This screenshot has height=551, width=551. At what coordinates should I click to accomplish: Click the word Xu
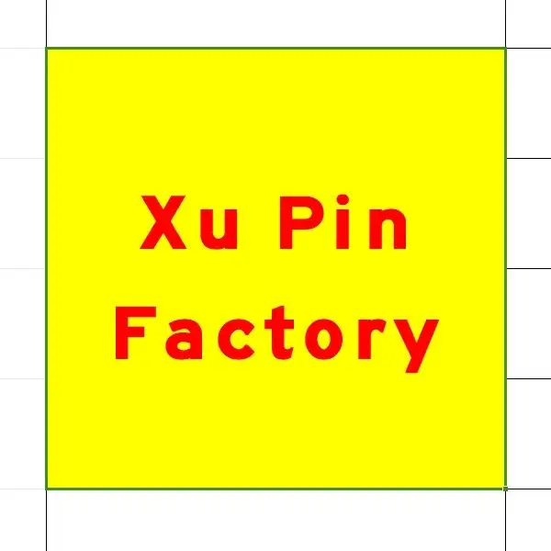coord(190,223)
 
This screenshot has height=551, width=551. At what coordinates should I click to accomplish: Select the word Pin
coord(340,223)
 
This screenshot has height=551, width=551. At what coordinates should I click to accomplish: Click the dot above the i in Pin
coord(341,201)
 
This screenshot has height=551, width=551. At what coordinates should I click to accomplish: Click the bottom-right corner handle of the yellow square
coord(505,488)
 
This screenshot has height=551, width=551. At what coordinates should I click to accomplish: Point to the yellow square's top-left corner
coord(47,49)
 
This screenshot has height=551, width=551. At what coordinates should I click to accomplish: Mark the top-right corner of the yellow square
coord(505,49)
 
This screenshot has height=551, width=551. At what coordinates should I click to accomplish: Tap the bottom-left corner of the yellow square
coord(47,488)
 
